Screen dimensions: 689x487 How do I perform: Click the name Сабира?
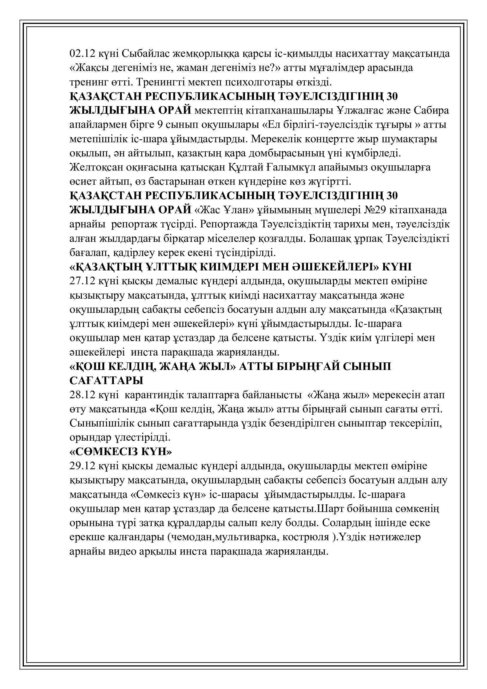pyautogui.click(x=431, y=110)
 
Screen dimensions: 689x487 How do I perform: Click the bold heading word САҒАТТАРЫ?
pyautogui.click(x=107, y=381)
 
